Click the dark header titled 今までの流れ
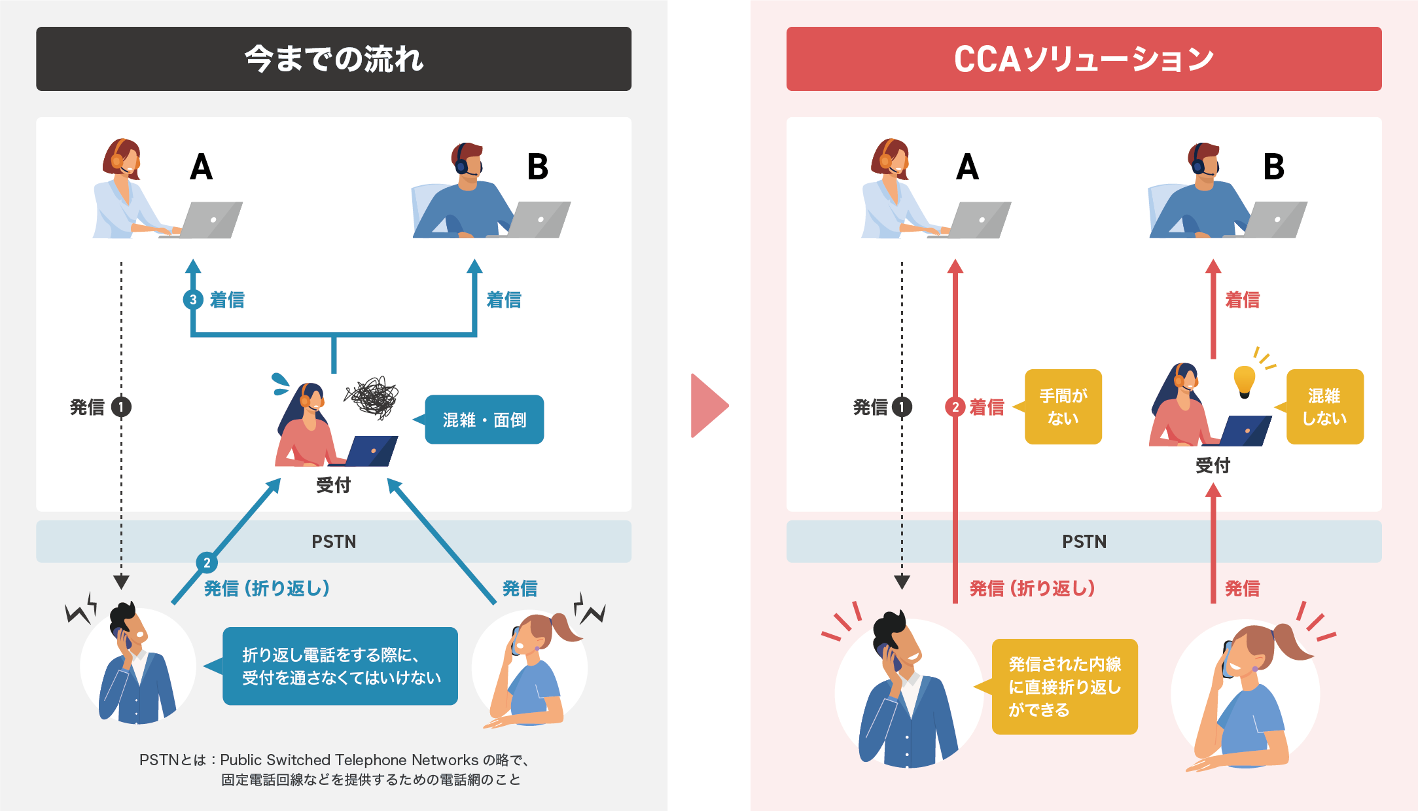tap(333, 59)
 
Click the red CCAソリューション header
tap(1084, 59)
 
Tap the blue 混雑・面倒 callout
tap(484, 420)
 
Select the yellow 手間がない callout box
tap(1063, 406)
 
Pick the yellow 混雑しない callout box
tap(1324, 406)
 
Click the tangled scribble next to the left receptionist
tap(372, 397)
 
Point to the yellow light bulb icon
tap(1244, 380)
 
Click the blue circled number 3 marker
tap(192, 300)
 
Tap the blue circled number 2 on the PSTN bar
tap(207, 562)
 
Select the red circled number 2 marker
tap(955, 407)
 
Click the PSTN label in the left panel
tap(334, 541)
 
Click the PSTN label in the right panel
tap(1084, 541)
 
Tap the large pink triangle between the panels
tap(708, 406)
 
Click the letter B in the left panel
tap(537, 167)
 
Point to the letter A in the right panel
tap(967, 167)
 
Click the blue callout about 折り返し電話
tap(340, 666)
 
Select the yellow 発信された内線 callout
tap(1065, 687)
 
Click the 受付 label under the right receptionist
tap(1213, 465)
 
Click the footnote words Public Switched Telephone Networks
tap(349, 760)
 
